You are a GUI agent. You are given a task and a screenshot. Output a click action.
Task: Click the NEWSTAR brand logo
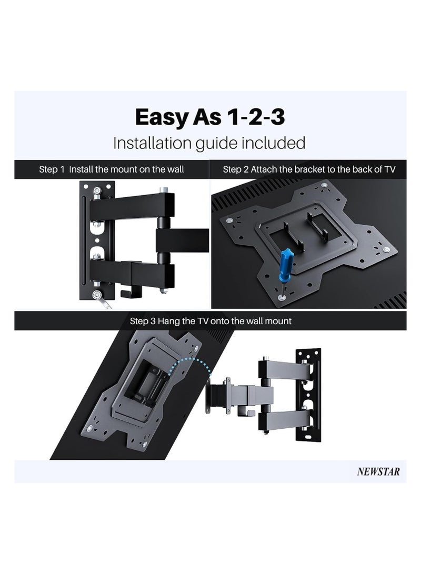(378, 471)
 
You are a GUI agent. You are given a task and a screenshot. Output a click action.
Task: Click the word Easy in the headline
(160, 117)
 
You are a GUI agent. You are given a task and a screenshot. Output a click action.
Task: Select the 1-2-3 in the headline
(256, 117)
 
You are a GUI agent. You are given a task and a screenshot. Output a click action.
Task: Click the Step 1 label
(52, 169)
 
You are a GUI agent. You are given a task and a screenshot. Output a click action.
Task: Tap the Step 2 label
(235, 169)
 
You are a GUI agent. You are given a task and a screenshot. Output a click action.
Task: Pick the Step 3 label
(143, 321)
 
